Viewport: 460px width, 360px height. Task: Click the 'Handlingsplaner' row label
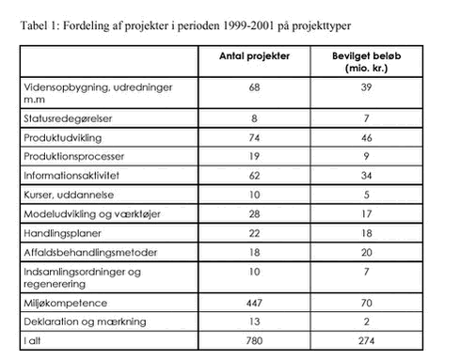pos(56,233)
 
